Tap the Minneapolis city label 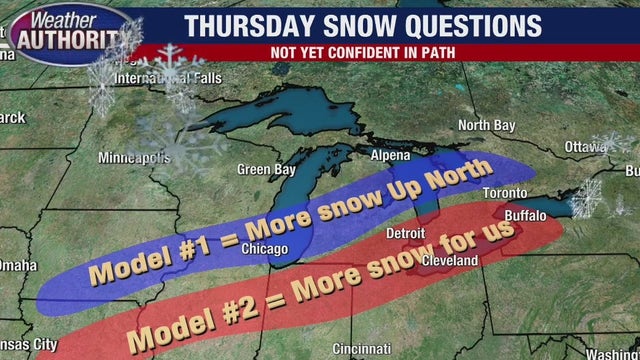click(x=135, y=158)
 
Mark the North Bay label click(x=485, y=125)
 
